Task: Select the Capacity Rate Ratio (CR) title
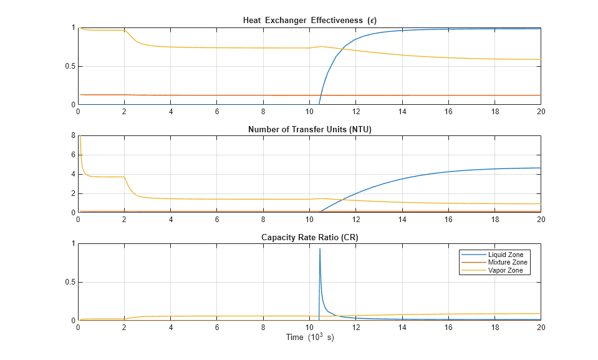[x=309, y=238]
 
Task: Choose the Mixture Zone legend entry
[x=508, y=263]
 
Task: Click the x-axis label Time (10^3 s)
[x=309, y=338]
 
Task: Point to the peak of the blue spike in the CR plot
[x=320, y=249]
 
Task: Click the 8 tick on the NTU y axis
[x=73, y=135]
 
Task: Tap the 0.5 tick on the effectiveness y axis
[x=70, y=66]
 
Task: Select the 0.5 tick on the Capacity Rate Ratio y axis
[x=70, y=282]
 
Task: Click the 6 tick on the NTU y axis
[x=73, y=155]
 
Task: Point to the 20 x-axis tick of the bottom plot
[x=541, y=328]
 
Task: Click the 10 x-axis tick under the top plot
[x=309, y=112]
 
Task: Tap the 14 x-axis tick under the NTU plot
[x=402, y=220]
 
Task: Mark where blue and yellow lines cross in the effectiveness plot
[x=348, y=48]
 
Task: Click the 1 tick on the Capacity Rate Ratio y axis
[x=73, y=244]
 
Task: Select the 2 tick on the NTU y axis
[x=73, y=193]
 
